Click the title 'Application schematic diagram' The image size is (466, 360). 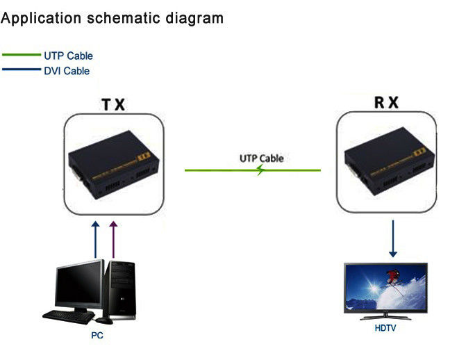pyautogui.click(x=112, y=18)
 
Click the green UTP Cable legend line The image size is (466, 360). pyautogui.click(x=22, y=56)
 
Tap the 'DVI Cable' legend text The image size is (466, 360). pyautogui.click(x=67, y=71)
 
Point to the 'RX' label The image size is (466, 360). pyautogui.click(x=386, y=103)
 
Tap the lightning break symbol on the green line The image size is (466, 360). pyautogui.click(x=258, y=170)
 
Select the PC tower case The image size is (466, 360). pyautogui.click(x=120, y=288)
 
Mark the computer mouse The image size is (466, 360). pyautogui.click(x=104, y=320)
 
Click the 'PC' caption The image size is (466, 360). pyautogui.click(x=97, y=336)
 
